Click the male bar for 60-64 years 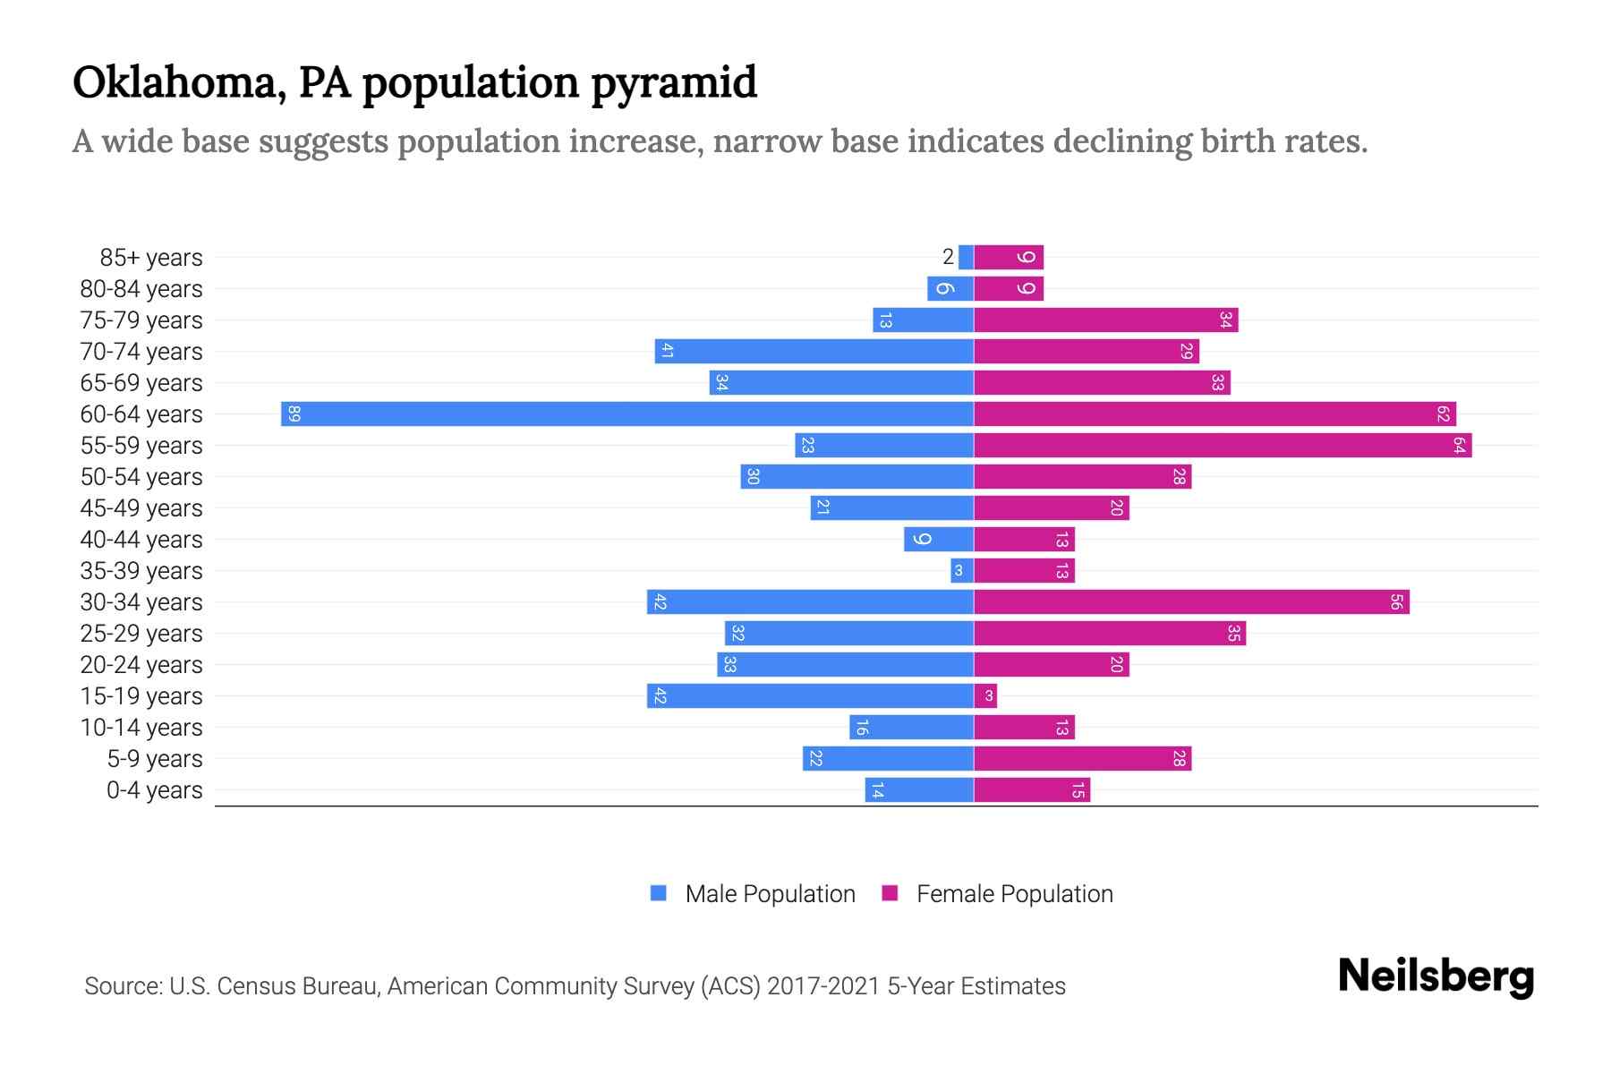point(626,414)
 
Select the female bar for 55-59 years point(1222,446)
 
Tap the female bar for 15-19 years point(985,696)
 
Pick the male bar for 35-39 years point(962,571)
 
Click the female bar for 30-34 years point(1190,602)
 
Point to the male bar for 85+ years point(966,258)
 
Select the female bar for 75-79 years point(1105,320)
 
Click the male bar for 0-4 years point(919,790)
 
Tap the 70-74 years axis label point(141,352)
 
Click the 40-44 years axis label point(141,540)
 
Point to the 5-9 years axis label point(155,759)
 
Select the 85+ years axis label point(151,258)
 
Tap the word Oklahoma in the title point(178,83)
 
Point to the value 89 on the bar point(294,414)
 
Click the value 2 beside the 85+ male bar point(948,258)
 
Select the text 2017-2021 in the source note point(823,986)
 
